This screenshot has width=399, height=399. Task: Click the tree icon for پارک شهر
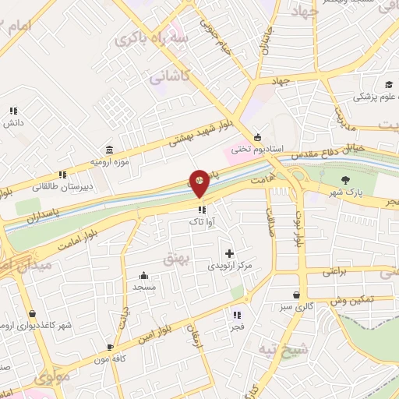click(345, 182)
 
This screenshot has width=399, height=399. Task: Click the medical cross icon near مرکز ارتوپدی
click(229, 253)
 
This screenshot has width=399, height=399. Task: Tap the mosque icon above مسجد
click(144, 275)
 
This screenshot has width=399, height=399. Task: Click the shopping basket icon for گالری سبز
click(296, 295)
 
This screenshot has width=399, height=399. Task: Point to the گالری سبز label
click(298, 306)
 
